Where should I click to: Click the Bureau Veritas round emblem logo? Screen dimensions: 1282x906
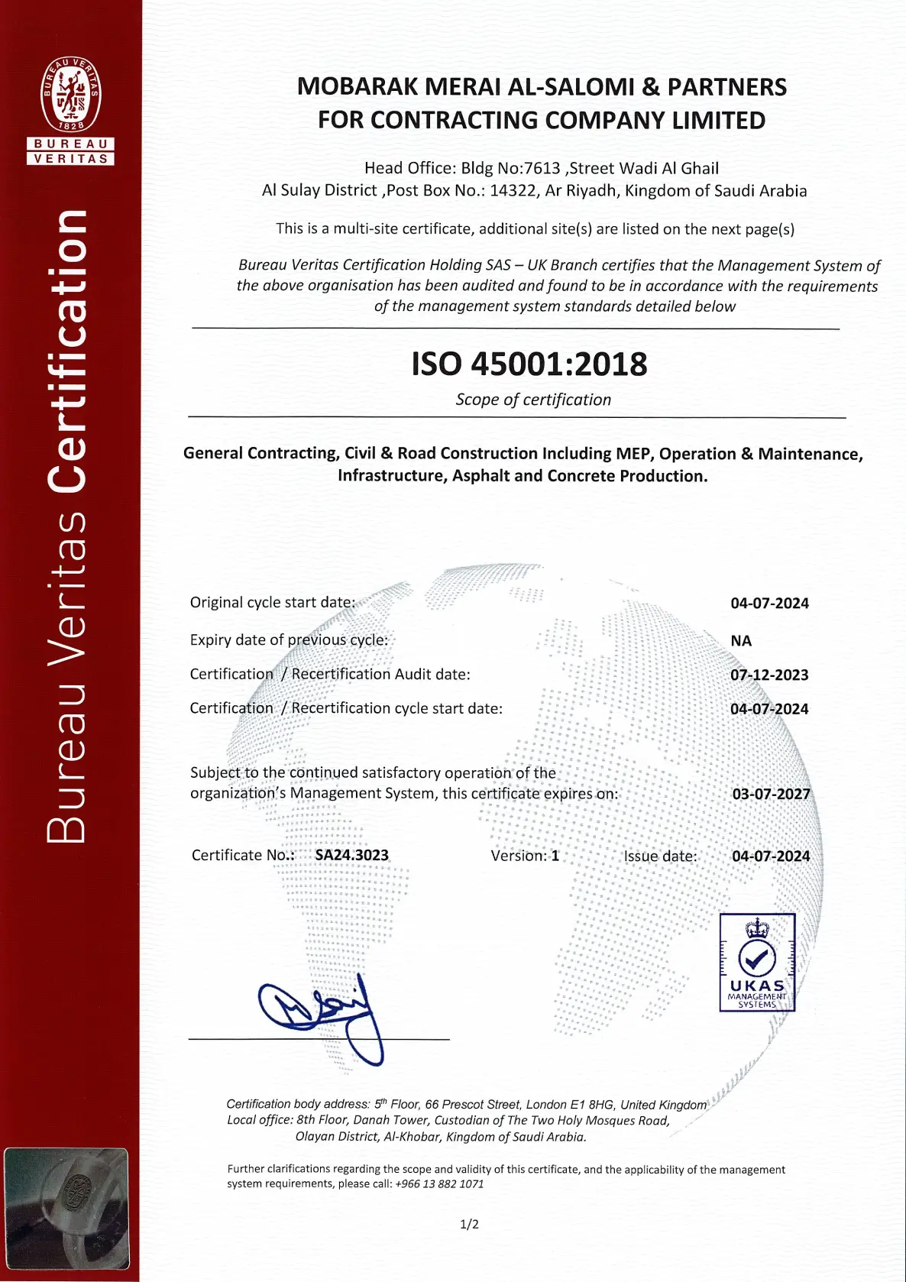click(71, 93)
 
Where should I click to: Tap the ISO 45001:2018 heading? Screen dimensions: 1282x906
click(529, 364)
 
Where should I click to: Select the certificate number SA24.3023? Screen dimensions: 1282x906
click(351, 855)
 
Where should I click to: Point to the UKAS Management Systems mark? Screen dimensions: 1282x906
click(757, 963)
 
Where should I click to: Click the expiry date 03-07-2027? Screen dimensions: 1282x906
click(771, 794)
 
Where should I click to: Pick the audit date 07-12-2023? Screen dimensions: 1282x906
click(769, 675)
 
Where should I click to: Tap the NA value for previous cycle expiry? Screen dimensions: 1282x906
click(741, 640)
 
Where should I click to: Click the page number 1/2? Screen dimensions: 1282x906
click(469, 1224)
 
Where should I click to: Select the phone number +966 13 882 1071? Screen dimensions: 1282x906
click(439, 1183)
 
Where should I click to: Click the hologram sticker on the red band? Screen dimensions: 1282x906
click(66, 1208)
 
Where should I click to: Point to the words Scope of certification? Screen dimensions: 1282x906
click(533, 400)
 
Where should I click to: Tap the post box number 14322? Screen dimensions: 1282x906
click(513, 190)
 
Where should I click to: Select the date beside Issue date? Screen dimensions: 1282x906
click(771, 856)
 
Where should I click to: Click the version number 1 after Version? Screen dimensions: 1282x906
click(555, 856)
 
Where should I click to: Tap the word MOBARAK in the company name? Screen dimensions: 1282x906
click(357, 87)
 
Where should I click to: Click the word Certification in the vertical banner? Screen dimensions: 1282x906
click(67, 351)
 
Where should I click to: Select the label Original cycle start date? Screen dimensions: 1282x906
click(273, 602)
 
